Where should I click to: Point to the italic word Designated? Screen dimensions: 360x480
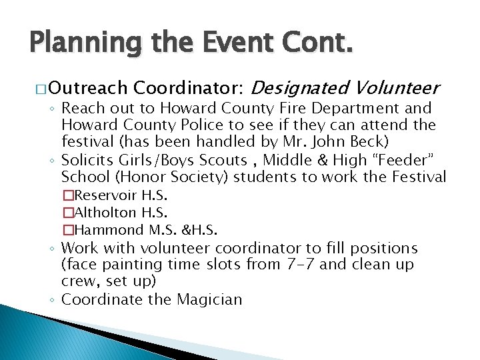(x=301, y=87)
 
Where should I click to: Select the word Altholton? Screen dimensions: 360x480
(x=109, y=213)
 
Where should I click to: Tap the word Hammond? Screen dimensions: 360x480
(x=110, y=230)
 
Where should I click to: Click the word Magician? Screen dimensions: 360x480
(x=209, y=299)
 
